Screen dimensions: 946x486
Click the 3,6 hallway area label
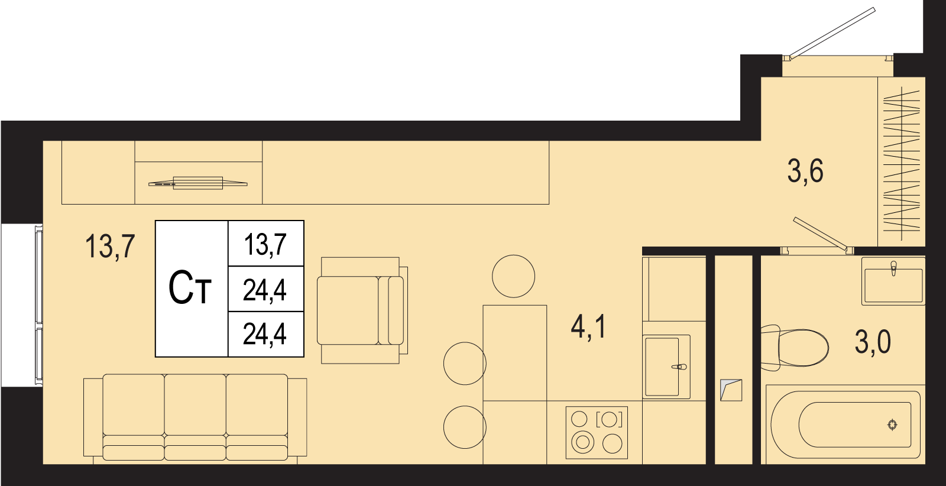tap(805, 172)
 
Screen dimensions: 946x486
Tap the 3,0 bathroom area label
tap(873, 342)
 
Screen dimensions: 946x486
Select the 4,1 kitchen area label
tap(588, 327)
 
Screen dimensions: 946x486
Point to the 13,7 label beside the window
tap(110, 247)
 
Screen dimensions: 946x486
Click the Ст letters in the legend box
tap(190, 289)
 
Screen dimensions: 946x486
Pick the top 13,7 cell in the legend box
tap(265, 244)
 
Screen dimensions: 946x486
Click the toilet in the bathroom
tap(795, 348)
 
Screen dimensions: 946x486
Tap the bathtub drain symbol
tap(892, 425)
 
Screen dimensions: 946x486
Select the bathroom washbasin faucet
tap(893, 268)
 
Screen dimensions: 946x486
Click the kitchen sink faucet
tap(679, 367)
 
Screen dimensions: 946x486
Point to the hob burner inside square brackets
tap(609, 419)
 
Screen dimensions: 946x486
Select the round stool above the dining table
tap(514, 276)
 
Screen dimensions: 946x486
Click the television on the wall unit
tap(197, 183)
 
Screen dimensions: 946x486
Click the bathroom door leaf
tap(820, 233)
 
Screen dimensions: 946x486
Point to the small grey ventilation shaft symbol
tap(731, 390)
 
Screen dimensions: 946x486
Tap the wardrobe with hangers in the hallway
tap(902, 162)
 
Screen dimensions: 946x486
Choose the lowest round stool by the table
tap(465, 427)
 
